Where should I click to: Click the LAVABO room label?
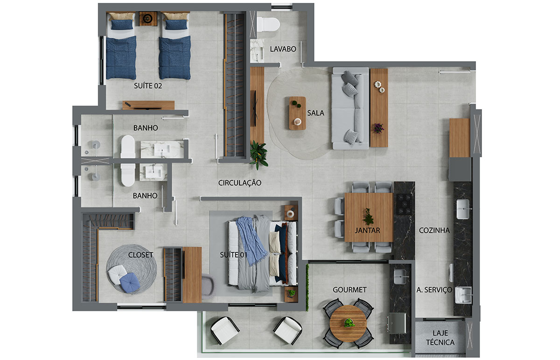point(283,49)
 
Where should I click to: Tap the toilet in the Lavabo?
point(268,24)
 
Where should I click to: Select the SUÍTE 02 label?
point(148,86)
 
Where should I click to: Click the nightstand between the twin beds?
point(148,19)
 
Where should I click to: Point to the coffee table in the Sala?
point(298,113)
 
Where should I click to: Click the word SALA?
point(315,113)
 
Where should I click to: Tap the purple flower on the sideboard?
point(379,128)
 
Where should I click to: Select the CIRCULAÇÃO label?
point(240,183)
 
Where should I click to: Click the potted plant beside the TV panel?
point(259,155)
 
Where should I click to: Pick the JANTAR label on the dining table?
point(368,230)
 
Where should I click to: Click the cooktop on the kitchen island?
point(404,204)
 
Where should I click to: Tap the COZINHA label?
point(434,230)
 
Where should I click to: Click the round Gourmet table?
point(348,323)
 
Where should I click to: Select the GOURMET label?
point(350,290)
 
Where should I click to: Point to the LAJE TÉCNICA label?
point(440,338)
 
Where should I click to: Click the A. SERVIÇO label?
point(434,290)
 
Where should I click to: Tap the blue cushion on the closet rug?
point(130,283)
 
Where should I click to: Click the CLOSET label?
point(140,255)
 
